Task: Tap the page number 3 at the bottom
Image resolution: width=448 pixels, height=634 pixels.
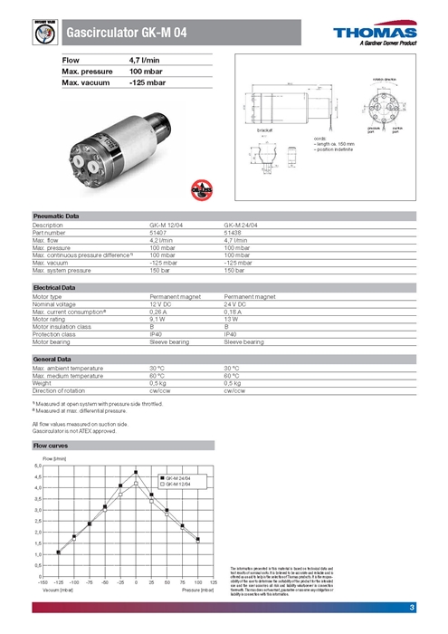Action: tap(412, 607)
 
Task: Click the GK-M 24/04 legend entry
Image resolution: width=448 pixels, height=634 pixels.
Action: tap(177, 476)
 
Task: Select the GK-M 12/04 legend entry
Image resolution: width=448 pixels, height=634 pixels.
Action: tap(177, 485)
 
